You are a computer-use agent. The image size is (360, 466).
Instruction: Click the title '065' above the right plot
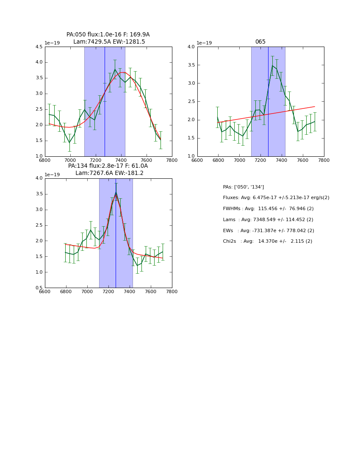coord(260,42)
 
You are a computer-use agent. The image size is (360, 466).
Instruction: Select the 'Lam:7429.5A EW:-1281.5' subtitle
coord(109,42)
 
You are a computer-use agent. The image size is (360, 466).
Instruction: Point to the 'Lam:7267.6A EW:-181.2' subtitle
coord(109,173)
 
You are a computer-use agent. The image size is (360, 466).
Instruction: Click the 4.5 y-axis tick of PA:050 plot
coord(39,47)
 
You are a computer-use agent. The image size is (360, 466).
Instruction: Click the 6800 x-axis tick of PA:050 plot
coord(45,161)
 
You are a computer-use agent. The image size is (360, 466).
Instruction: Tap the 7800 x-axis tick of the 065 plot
coord(324,161)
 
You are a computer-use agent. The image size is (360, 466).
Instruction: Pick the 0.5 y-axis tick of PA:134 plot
coord(39,288)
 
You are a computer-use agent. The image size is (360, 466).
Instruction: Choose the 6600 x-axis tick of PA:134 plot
coord(45,292)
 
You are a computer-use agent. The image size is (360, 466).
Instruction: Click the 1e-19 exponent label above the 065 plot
coord(204,43)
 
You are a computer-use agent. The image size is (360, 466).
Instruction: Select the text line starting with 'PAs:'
coord(243,187)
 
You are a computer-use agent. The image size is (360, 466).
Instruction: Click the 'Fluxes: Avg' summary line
coord(276,198)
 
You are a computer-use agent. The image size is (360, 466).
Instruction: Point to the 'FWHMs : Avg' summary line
coord(268,209)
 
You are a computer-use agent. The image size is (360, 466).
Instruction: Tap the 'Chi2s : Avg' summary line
coord(267,241)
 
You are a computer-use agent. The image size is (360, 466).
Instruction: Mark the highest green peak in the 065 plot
coord(272,65)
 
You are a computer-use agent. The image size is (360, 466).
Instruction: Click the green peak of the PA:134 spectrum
coord(116,192)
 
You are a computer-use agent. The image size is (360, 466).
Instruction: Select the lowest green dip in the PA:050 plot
coord(69,142)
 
